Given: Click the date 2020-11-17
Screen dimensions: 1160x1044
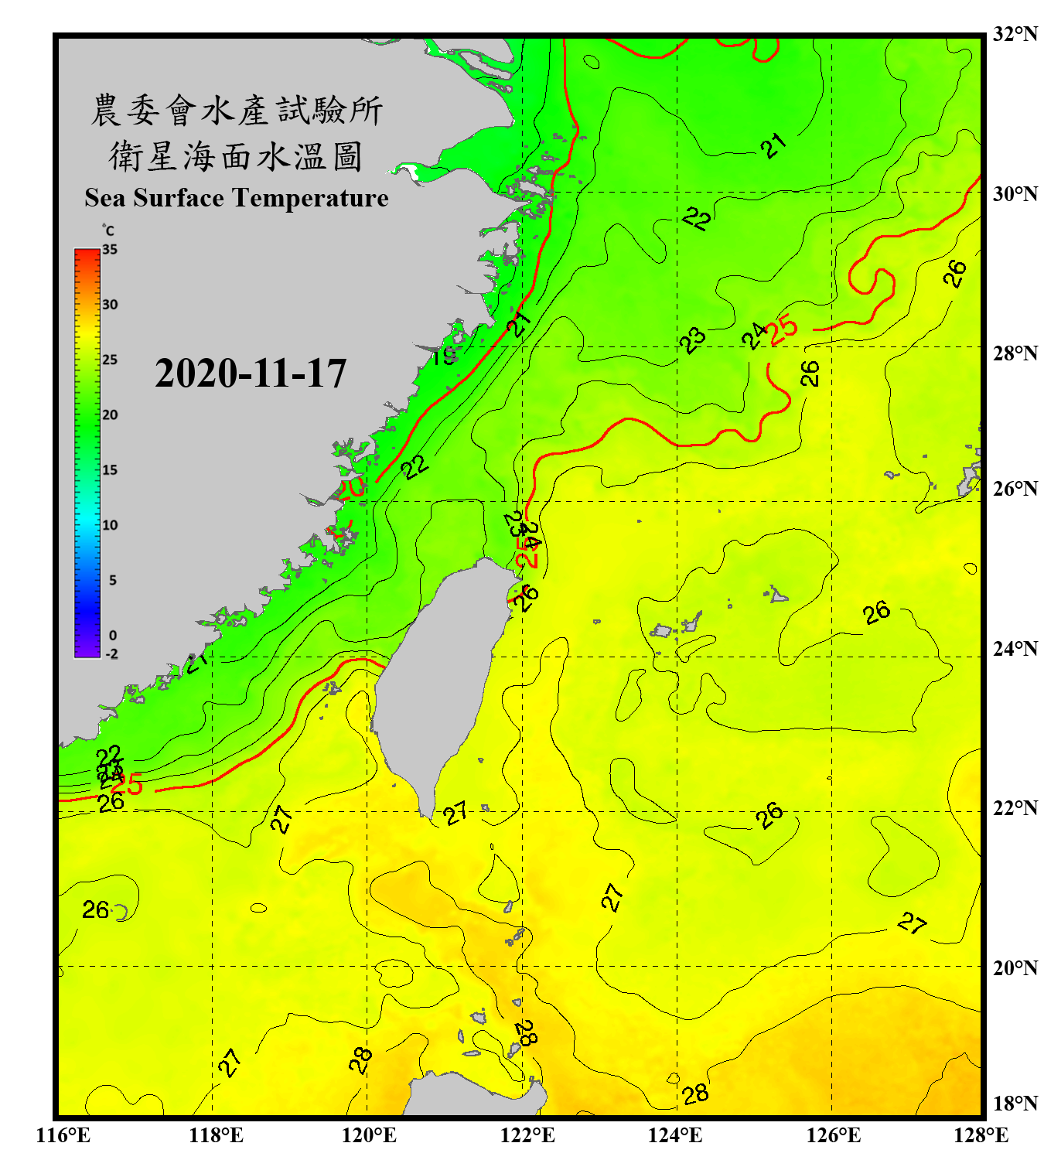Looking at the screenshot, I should (x=251, y=374).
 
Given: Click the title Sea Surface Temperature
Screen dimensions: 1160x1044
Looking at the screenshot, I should (x=237, y=198).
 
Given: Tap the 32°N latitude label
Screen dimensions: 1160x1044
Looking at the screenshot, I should (x=1015, y=34).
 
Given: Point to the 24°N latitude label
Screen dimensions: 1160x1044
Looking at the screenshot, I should (x=1015, y=648).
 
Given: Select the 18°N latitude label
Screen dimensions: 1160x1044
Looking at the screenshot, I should (x=1015, y=1104).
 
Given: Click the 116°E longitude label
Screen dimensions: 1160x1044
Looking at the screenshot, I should (x=63, y=1135).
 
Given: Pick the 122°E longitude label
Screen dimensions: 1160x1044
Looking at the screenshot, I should (x=527, y=1135).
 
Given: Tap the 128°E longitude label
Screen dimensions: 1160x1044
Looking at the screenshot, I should (x=981, y=1135).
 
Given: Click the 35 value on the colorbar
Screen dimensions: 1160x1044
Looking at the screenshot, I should (x=110, y=249).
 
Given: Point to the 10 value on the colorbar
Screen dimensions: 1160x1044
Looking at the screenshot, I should (x=110, y=525).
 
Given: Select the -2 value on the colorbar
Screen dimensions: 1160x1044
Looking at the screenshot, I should (x=111, y=653).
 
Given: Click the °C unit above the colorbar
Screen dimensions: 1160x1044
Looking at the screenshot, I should (x=107, y=230).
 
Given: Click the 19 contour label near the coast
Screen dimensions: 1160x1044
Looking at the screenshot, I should (x=444, y=356).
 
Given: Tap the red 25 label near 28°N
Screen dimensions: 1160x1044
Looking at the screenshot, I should (x=783, y=329).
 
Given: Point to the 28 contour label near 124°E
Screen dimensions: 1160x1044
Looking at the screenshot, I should (x=695, y=1093).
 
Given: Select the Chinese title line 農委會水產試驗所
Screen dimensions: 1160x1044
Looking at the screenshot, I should (x=237, y=111).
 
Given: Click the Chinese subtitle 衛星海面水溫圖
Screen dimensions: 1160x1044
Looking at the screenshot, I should (x=236, y=156).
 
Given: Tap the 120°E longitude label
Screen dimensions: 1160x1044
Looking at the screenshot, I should (x=369, y=1135).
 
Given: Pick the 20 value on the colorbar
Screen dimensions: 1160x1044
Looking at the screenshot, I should (x=110, y=415).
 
